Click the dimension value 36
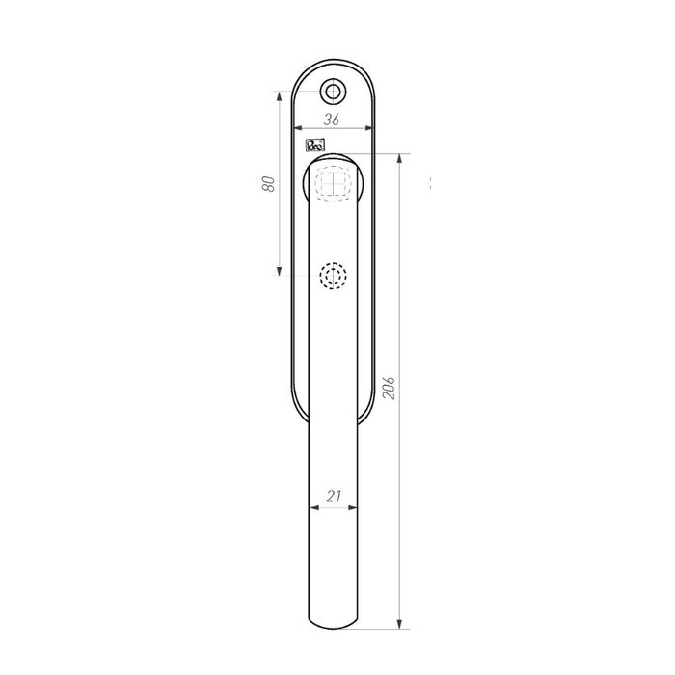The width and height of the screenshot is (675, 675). coord(331,120)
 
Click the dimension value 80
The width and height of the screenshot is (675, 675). coord(271,184)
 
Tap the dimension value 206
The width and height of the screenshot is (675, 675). coord(391,386)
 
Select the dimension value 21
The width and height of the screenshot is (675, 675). coord(334,497)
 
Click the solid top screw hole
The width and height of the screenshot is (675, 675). coord(333,91)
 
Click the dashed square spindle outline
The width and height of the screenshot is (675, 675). coord(333,182)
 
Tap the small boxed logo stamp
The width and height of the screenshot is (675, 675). coord(314,147)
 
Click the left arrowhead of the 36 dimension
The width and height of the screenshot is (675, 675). coord(296,128)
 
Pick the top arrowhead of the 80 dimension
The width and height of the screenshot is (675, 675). coord(281,95)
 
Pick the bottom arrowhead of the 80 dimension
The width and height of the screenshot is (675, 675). coord(281,272)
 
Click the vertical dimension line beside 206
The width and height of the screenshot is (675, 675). coord(400,289)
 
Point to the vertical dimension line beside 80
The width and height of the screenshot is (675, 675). coord(281,231)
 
